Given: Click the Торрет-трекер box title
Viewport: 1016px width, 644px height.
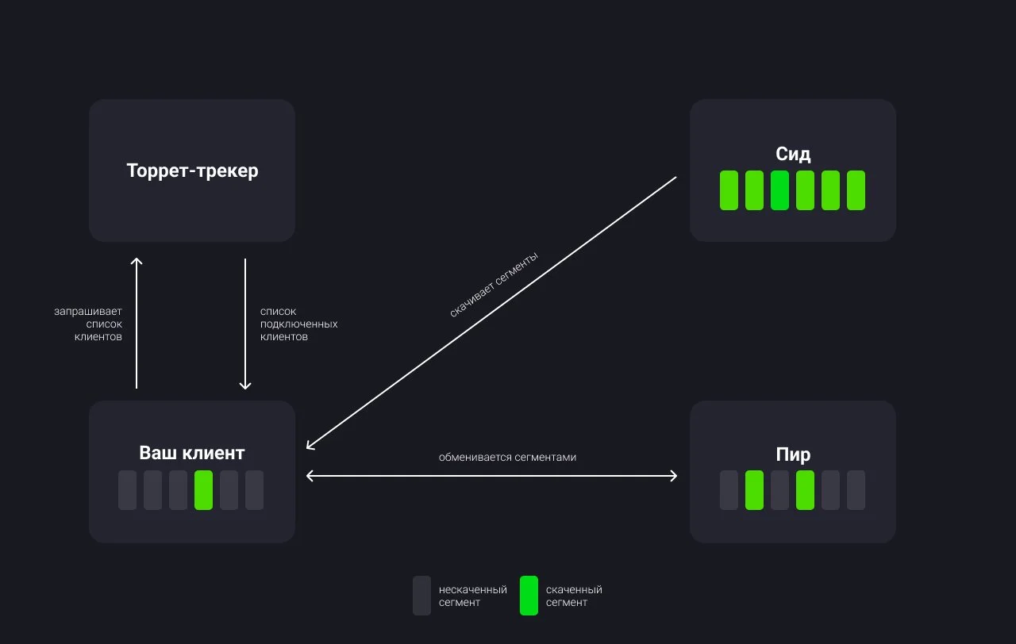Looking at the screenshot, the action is tap(192, 171).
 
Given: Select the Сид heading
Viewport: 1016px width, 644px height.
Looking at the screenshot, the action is tap(793, 154).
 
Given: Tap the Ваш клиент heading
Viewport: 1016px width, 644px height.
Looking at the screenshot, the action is tap(192, 453).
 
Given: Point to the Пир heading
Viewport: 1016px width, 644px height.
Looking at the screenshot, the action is tap(793, 454).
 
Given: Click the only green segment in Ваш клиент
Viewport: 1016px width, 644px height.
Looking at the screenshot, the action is tap(204, 490).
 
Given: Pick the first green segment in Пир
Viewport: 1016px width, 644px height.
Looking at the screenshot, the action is tap(754, 490).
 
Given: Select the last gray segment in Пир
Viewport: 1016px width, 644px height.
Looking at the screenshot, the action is tap(856, 490).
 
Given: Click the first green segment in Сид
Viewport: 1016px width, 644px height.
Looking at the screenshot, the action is tap(729, 190).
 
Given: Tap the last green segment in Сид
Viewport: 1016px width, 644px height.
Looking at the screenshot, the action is tap(856, 190).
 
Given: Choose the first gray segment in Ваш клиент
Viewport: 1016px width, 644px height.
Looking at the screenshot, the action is tap(128, 490).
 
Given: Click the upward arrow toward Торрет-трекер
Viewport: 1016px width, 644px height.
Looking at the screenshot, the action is tap(137, 323).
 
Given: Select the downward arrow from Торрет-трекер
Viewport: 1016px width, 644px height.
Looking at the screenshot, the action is tap(245, 324).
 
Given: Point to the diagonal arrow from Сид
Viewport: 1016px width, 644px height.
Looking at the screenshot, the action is tap(491, 313).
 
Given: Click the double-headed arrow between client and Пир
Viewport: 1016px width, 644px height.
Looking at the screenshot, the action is tap(491, 476).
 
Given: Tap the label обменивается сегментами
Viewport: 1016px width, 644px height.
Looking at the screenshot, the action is tap(507, 458).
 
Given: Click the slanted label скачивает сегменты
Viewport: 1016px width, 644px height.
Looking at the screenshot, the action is tap(494, 285).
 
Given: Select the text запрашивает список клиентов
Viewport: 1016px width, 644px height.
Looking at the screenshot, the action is tap(88, 324).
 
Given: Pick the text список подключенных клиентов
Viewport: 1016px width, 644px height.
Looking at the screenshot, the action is tap(299, 324).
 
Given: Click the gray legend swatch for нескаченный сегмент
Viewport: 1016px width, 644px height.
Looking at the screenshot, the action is tap(421, 596).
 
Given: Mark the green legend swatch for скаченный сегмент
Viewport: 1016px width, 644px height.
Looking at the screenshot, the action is tap(529, 596).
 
